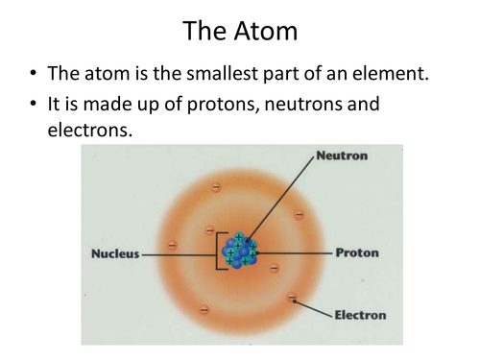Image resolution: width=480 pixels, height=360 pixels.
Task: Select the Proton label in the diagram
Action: [x=356, y=253]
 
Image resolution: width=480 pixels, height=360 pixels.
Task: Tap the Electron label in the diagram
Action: [x=361, y=314]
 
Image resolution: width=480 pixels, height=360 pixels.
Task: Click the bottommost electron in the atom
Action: [x=204, y=309]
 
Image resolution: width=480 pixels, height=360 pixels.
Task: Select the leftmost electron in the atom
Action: [x=173, y=244]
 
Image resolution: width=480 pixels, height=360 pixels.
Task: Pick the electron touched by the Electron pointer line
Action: [x=291, y=297]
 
